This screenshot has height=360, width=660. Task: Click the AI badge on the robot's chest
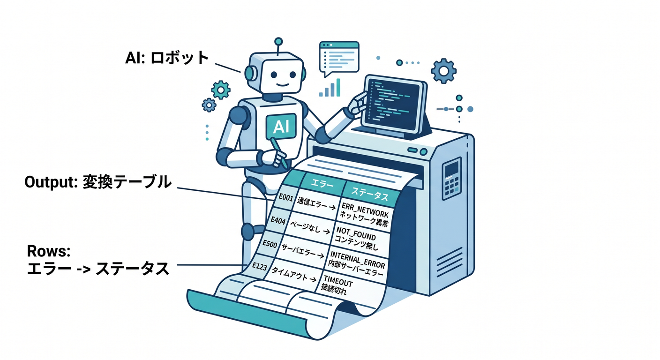281,127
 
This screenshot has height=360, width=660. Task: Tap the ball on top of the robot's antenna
278,42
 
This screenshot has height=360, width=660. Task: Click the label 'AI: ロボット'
167,58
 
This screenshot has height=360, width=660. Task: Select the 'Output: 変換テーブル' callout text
98,182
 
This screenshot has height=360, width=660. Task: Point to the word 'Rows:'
49,251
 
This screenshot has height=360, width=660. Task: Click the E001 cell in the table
286,198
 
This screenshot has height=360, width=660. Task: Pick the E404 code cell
278,220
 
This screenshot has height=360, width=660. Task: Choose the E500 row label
270,244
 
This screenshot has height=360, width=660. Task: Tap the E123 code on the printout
260,267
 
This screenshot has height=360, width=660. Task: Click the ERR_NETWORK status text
365,209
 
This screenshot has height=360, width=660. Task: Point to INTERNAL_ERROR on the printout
357,258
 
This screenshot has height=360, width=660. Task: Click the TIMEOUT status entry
338,281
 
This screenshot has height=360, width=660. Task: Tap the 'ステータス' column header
370,194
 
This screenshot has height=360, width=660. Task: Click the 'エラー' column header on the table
322,184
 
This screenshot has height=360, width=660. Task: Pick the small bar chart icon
330,88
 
